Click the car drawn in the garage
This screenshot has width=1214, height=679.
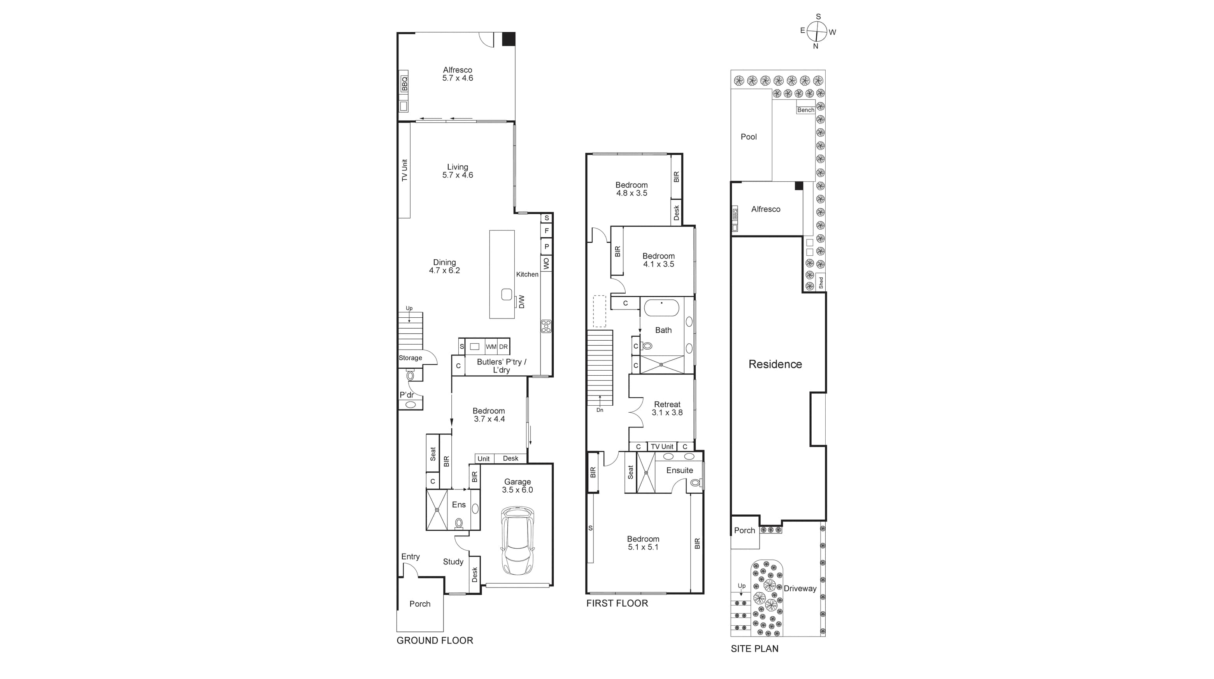[518, 540]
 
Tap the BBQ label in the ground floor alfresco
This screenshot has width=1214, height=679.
[404, 84]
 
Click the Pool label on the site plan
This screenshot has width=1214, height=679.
[748, 137]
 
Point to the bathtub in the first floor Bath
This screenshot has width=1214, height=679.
[661, 308]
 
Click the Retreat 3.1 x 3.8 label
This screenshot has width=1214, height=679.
[667, 408]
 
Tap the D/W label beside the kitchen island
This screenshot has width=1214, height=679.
[521, 302]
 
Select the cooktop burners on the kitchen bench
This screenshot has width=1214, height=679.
[546, 326]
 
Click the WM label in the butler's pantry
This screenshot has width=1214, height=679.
[491, 347]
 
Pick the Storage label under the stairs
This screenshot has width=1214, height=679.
[410, 358]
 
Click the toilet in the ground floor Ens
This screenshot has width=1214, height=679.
[458, 522]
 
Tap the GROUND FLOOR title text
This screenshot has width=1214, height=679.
[435, 640]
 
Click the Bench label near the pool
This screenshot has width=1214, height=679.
[805, 110]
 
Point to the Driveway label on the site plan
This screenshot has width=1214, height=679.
[800, 588]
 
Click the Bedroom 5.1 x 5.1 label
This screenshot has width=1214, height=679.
[643, 543]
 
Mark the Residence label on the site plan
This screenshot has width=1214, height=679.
[775, 364]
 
